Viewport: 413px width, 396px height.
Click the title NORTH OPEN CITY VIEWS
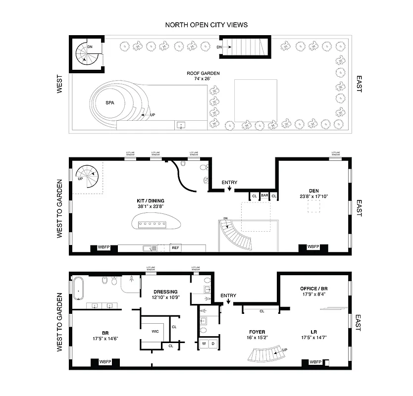[206, 25]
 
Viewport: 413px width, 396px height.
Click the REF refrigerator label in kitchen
[175, 247]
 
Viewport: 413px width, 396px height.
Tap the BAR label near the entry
[264, 196]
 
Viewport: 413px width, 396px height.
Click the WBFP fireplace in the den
[313, 247]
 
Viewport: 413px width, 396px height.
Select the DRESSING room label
[165, 292]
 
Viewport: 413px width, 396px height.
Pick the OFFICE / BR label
[315, 288]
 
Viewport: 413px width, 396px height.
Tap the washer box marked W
[204, 344]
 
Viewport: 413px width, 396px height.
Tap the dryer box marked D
[213, 344]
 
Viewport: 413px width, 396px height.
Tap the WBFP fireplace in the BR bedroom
[105, 362]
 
